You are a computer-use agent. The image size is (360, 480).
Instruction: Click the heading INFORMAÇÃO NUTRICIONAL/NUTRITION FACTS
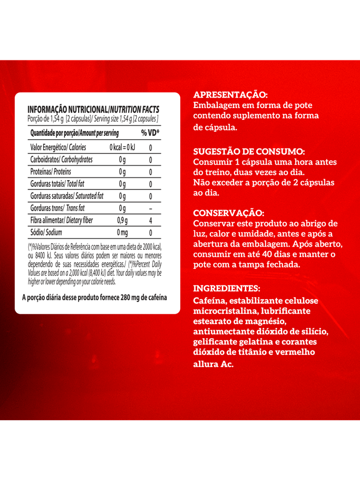point(93,109)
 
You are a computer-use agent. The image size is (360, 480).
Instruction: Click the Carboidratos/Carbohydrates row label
point(61,160)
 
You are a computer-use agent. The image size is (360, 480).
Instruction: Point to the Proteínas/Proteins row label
point(50,172)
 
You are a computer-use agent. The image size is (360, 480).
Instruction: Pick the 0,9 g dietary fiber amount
point(122,221)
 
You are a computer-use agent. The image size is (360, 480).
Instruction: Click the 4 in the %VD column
point(150,221)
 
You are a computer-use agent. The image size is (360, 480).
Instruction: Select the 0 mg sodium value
point(122,233)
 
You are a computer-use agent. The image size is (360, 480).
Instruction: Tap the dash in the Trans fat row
point(150,208)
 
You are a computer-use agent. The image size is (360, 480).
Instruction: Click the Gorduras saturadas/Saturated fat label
point(67,196)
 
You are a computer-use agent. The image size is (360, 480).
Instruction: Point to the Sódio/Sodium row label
point(46,233)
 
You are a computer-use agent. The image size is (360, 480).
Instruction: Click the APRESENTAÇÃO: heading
point(230,95)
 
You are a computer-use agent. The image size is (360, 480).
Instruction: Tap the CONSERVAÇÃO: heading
point(229,213)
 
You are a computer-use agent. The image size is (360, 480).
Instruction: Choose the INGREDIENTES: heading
point(226,288)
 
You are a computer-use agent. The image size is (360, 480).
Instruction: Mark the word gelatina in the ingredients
point(253,342)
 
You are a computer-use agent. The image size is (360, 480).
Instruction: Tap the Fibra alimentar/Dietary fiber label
point(62,221)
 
